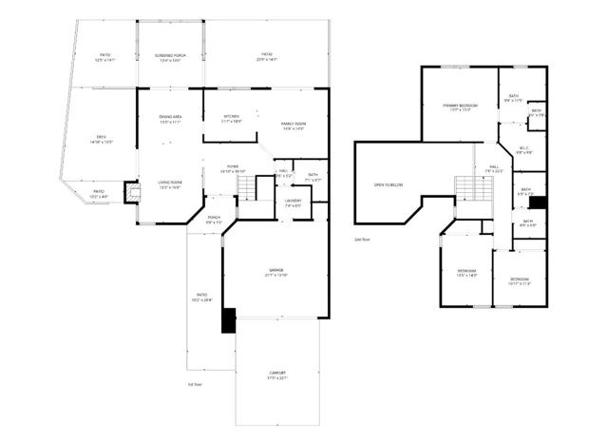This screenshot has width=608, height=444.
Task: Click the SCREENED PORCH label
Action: click(x=171, y=56)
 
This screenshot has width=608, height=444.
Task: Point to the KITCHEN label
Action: click(x=231, y=118)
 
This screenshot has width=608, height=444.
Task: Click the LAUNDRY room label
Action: click(x=293, y=201)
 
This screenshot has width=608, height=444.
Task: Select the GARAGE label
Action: click(x=276, y=273)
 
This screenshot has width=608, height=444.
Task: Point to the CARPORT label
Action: click(x=276, y=374)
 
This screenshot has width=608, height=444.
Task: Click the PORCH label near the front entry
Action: click(x=215, y=218)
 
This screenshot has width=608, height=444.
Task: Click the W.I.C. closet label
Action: click(x=524, y=148)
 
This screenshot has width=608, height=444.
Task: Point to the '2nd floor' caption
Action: click(x=361, y=240)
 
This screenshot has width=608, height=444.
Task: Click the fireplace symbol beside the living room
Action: click(x=132, y=190)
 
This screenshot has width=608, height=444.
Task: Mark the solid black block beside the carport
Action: click(x=228, y=319)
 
